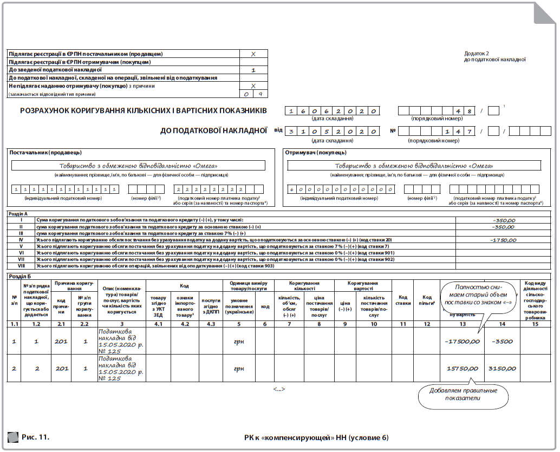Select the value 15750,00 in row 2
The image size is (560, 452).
pos(463,368)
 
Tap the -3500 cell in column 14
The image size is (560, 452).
pos(502,342)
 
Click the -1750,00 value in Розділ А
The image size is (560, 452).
pos(502,239)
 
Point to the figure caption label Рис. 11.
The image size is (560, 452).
pos(35,436)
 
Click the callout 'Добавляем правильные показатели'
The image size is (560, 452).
pos(463,395)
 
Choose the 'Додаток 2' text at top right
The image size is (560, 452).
pos(477,54)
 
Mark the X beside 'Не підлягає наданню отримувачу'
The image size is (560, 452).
pos(253,86)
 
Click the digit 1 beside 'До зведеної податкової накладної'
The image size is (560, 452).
pos(253,70)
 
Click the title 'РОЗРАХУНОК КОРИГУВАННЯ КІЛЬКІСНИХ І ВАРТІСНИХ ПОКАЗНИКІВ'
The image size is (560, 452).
pos(143,111)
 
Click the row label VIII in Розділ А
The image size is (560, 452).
pos(22,266)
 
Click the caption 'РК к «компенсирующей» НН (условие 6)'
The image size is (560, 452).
pos(316,437)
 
